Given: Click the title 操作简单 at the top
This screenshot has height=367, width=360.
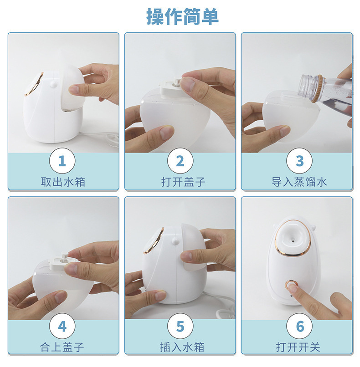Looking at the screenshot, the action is tap(182, 16).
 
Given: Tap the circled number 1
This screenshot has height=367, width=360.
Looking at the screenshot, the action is tap(62, 161).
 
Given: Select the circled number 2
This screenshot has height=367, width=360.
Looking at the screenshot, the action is tap(180, 161).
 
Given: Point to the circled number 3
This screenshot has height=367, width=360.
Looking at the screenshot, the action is tap(299, 161).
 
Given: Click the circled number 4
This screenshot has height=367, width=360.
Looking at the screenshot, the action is tap(62, 326).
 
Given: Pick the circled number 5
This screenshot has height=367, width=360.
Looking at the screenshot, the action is tap(180, 326).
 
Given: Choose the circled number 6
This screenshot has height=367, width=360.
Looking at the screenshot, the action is tap(299, 326).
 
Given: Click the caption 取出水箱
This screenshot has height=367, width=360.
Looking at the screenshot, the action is tap(63, 182).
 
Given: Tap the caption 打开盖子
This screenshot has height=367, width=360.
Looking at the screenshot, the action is tap(183, 182).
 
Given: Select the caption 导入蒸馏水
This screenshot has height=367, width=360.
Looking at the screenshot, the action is tap(299, 182).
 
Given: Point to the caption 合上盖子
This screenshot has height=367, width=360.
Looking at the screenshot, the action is tap(62, 347).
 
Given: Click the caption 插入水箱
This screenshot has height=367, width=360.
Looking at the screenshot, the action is tap(182, 347).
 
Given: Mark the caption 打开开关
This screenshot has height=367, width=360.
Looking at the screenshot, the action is tap(298, 347).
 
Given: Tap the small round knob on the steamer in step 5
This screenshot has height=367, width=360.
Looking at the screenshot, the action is tap(175, 241).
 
